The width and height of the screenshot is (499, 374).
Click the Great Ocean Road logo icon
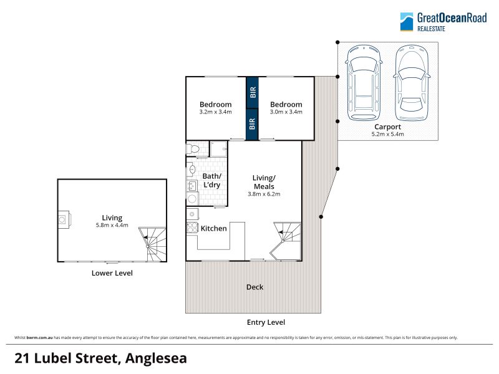tap(407, 22)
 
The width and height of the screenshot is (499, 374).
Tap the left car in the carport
tap(364, 83)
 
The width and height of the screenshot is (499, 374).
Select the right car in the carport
tap(412, 83)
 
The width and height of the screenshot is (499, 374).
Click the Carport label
tap(387, 127)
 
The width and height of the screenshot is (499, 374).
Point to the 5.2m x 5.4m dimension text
tap(387, 134)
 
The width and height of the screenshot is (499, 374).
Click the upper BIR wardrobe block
tap(252, 92)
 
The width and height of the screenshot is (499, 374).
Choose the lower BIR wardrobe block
tap(252, 124)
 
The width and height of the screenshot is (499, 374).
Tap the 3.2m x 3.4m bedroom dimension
tap(215, 112)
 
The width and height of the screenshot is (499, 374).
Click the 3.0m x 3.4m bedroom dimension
tap(286, 112)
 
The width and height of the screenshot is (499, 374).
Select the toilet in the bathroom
tap(193, 148)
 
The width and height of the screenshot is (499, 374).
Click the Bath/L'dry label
tap(211, 180)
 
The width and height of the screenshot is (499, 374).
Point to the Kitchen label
tap(213, 228)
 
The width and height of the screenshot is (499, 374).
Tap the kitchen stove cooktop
tap(192, 228)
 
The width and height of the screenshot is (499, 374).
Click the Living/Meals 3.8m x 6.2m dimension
tap(264, 194)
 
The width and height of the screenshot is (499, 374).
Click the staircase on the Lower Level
tap(152, 244)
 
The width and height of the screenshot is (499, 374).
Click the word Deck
tap(254, 287)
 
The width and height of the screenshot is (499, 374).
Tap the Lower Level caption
tap(112, 273)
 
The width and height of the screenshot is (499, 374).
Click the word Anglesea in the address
tap(156, 358)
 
